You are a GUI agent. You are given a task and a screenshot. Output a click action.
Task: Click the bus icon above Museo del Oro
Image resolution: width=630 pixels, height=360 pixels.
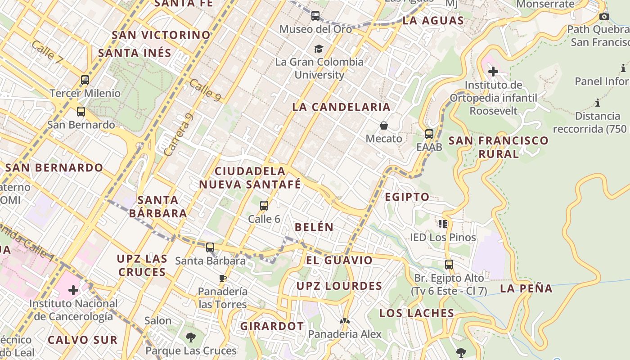(315, 16)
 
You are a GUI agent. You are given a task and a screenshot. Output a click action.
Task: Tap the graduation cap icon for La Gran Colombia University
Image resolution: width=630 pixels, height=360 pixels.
(319, 49)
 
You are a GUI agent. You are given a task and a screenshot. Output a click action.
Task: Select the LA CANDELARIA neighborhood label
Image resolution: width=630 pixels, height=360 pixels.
(341, 107)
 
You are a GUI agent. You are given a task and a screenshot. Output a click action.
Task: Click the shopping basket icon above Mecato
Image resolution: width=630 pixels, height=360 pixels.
(384, 126)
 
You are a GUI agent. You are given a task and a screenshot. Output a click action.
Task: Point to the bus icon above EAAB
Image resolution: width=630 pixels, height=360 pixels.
(429, 134)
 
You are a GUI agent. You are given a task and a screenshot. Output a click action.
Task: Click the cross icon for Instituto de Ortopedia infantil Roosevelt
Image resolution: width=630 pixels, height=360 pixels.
(493, 72)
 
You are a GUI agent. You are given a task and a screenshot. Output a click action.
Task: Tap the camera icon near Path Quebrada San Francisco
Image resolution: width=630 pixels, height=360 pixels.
(604, 17)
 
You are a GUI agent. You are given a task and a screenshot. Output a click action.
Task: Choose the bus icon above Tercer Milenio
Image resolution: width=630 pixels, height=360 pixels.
(85, 81)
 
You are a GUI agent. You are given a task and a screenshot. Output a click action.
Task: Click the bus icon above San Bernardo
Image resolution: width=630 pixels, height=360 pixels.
(81, 112)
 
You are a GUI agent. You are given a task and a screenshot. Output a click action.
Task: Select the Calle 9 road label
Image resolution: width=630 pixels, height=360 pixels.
(205, 90)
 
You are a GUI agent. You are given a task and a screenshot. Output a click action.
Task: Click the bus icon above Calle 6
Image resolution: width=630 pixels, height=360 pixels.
(264, 206)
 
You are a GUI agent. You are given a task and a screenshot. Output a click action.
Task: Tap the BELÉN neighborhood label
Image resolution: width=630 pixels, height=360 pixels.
(314, 227)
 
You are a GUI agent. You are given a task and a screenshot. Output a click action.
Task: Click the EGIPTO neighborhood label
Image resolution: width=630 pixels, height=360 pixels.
(407, 197)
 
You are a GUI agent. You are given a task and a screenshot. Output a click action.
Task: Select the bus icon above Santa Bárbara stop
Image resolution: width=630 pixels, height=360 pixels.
(210, 247)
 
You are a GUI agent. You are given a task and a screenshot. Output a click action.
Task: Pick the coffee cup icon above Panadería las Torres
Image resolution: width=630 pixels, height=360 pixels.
(223, 278)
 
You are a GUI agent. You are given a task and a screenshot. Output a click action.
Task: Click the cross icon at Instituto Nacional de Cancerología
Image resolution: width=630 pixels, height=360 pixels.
(73, 290)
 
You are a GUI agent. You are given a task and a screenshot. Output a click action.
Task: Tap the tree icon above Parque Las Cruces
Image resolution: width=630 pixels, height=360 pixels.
(191, 337)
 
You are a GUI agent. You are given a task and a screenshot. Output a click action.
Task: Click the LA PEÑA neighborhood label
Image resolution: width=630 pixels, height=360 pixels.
(526, 289)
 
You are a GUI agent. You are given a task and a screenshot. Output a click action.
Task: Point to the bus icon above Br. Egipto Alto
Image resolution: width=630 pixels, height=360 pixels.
(449, 264)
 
